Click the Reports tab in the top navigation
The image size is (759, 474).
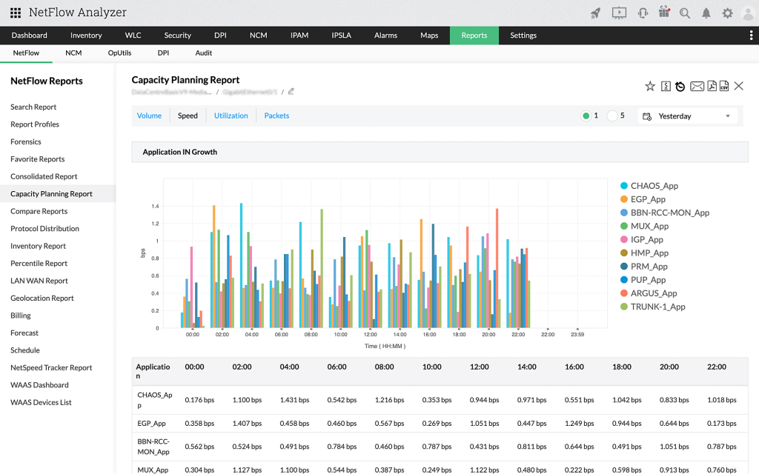[474, 36]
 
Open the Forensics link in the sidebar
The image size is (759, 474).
[26, 141]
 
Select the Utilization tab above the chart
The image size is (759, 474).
[231, 116]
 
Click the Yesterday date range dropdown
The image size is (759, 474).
[687, 116]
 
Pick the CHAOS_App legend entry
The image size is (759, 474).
[654, 186]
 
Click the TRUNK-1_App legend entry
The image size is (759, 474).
[657, 307]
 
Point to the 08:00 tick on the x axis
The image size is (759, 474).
[311, 335]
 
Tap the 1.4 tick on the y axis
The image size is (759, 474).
[155, 207]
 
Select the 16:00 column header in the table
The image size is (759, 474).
[574, 367]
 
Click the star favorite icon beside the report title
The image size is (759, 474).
[650, 87]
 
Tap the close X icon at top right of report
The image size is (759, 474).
[738, 87]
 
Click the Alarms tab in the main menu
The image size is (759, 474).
[385, 36]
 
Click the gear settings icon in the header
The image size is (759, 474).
[727, 13]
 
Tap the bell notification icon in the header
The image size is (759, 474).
[706, 13]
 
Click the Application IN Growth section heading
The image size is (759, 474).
[180, 152]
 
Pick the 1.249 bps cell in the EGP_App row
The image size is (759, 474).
[574, 423]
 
